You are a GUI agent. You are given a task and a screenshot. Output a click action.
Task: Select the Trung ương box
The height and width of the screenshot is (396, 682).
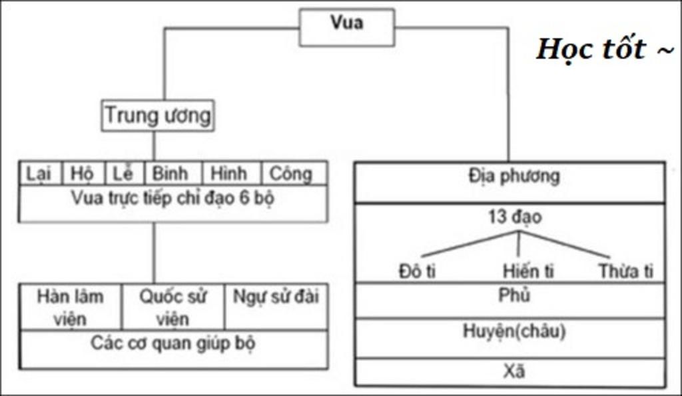point(158,116)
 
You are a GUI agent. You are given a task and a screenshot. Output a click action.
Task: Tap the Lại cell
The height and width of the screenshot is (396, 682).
point(40,174)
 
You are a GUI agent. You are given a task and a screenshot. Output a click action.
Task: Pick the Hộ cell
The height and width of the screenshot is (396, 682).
point(82,174)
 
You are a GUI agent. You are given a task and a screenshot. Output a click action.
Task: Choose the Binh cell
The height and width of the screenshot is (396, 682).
point(170,174)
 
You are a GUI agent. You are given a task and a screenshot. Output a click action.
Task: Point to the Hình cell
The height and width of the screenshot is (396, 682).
point(229,174)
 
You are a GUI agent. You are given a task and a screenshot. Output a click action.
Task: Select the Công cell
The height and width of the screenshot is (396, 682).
point(290,174)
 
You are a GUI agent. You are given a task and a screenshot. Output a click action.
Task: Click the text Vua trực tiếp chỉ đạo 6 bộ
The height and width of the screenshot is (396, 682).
point(172,198)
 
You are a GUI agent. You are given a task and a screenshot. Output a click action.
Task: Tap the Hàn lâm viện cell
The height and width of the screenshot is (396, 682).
point(70,307)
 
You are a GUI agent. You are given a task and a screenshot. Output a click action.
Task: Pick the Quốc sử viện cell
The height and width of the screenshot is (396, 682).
point(172,307)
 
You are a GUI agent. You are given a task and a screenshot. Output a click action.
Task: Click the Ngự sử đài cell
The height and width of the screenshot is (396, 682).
point(276,297)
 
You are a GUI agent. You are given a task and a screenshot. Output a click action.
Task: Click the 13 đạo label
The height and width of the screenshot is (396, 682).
point(514,217)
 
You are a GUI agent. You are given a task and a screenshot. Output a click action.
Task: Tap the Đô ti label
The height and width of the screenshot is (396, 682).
point(418,271)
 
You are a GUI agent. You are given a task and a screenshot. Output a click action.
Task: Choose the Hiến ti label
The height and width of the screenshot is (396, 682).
point(528,271)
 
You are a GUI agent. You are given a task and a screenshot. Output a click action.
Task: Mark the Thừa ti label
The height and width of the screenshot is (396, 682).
point(625,271)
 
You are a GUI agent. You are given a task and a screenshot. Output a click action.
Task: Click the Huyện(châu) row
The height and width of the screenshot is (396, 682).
point(514,331)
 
